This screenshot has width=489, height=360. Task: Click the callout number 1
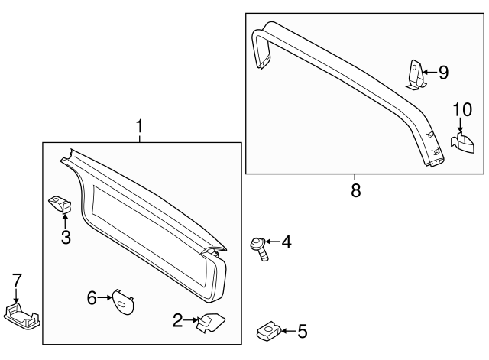139,125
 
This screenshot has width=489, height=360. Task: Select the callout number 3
66,238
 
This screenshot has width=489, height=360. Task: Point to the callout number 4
286,242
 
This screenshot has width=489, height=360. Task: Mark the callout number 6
92,298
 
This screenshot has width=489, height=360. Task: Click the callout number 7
16,280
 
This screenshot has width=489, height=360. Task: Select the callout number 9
442,73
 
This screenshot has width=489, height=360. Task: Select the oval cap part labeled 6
122,300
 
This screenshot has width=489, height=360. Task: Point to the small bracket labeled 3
60,203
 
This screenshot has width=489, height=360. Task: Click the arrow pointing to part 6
106,298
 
